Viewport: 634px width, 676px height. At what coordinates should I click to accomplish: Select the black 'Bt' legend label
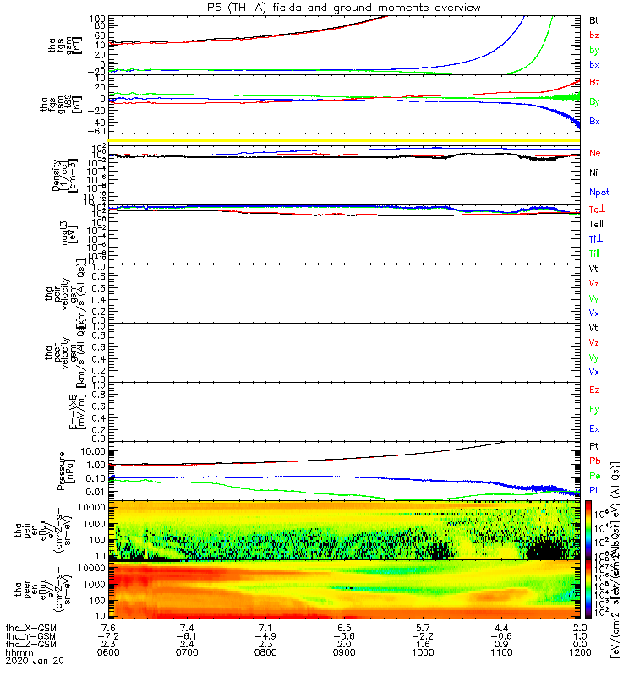[594, 19]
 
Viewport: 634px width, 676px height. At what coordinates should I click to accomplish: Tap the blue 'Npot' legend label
[598, 193]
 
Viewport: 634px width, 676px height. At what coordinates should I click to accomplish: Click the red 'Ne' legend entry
[595, 154]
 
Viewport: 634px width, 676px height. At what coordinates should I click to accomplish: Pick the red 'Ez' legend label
[594, 390]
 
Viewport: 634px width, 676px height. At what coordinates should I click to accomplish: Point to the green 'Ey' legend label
[594, 409]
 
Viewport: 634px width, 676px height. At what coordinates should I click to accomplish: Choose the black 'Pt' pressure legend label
[594, 445]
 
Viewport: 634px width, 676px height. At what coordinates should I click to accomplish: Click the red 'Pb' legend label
[594, 461]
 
